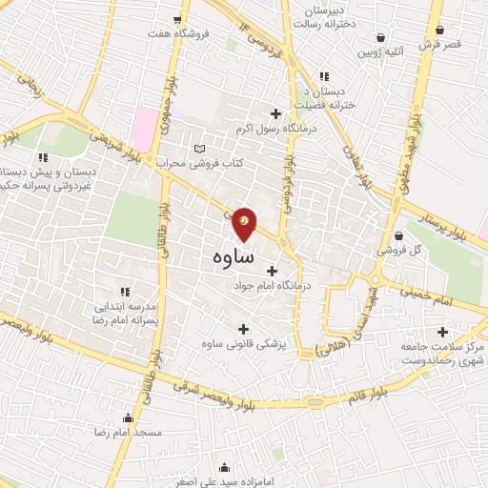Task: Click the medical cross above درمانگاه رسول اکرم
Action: (276, 112)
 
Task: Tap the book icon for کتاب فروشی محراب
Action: (199, 149)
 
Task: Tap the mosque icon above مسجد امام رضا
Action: (129, 417)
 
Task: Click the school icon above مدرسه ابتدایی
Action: (124, 292)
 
